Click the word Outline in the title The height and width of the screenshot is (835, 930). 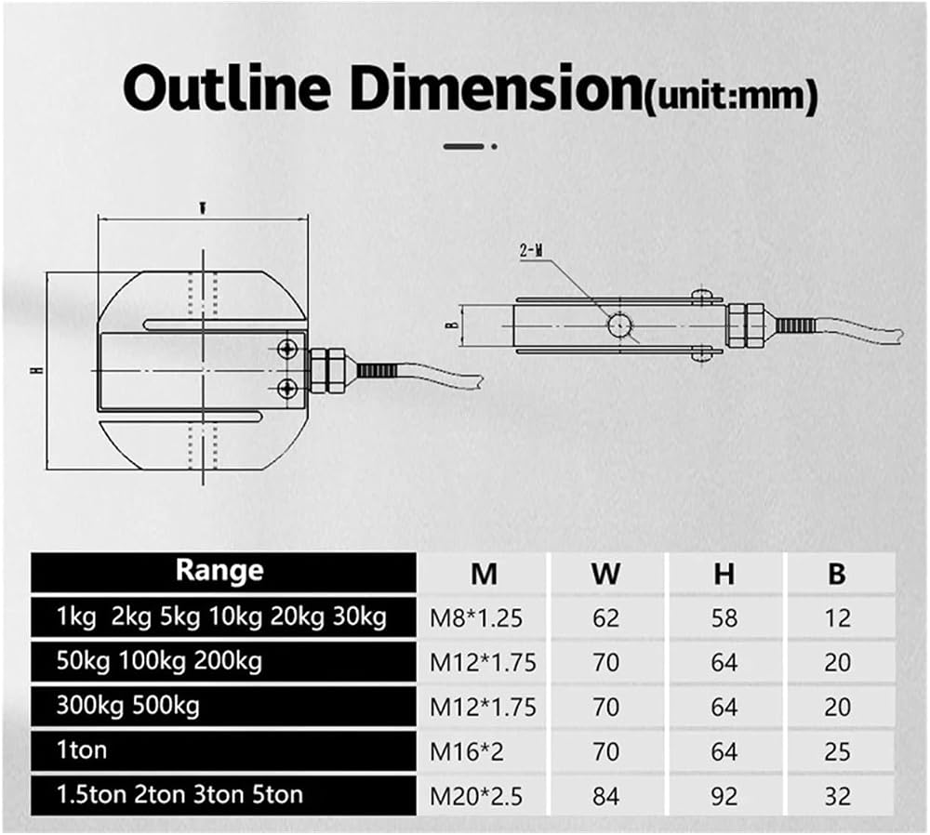coord(227,89)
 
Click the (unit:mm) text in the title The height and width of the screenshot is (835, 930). coord(731,96)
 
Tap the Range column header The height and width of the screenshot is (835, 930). coord(219,571)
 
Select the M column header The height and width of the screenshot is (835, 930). coord(484,574)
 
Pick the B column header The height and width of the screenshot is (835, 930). coord(837,574)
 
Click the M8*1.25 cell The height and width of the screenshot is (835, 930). coord(476,618)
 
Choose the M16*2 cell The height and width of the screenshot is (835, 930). coord(467,752)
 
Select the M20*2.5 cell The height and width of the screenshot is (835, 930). coord(476,797)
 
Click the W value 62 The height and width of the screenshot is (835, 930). coord(605,618)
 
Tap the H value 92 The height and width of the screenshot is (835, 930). coord(724,797)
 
